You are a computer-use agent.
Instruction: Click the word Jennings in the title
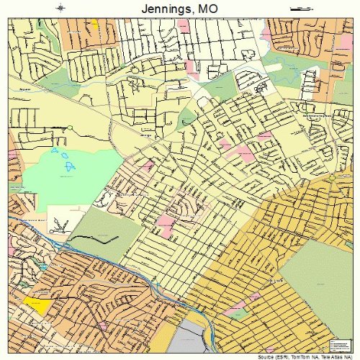tap(160, 8)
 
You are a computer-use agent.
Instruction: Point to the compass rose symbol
tap(60, 9)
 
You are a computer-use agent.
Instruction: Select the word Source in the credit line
tap(258, 356)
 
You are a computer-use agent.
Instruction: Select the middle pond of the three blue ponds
tap(66, 156)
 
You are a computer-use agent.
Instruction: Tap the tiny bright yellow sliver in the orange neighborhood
tap(94, 23)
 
